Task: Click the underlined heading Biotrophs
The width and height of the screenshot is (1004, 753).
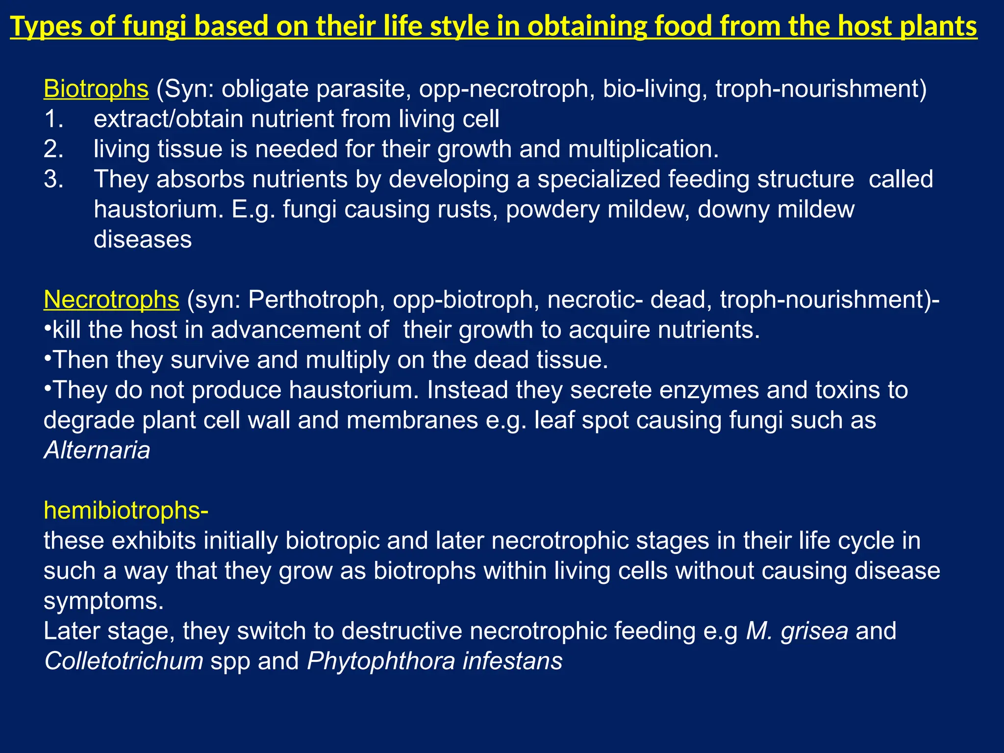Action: click(x=96, y=89)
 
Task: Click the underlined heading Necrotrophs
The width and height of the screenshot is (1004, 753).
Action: click(x=111, y=300)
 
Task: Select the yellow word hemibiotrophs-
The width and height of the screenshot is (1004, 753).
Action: click(x=126, y=511)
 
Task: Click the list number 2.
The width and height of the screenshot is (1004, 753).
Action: click(x=53, y=149)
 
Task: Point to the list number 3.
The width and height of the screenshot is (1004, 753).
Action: click(x=53, y=179)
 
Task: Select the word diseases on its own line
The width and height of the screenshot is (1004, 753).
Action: click(x=143, y=240)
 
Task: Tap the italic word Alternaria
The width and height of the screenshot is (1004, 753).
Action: click(x=97, y=451)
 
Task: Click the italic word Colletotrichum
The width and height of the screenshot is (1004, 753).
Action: click(x=124, y=661)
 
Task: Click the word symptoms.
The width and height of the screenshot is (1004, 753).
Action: click(x=103, y=601)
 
